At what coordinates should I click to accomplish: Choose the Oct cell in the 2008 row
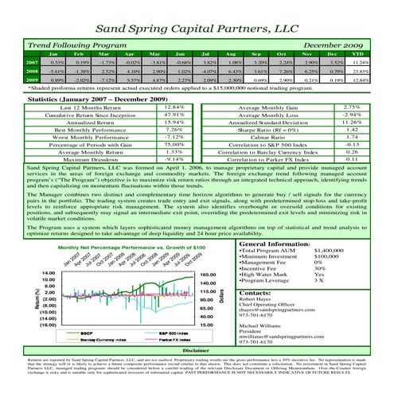tap(280, 69)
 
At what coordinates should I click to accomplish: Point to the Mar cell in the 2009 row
tap(111, 80)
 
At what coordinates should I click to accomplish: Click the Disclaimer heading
tap(196, 372)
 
